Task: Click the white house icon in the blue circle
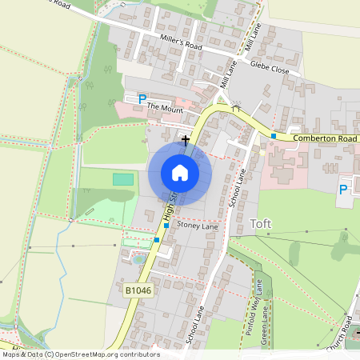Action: click(x=180, y=172)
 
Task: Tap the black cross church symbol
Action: click(x=186, y=140)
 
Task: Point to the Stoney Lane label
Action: click(x=197, y=226)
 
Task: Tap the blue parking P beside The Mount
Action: click(x=142, y=99)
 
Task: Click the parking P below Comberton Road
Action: click(x=343, y=190)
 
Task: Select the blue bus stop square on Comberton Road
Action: click(x=273, y=136)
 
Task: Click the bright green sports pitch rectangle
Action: click(x=123, y=179)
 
